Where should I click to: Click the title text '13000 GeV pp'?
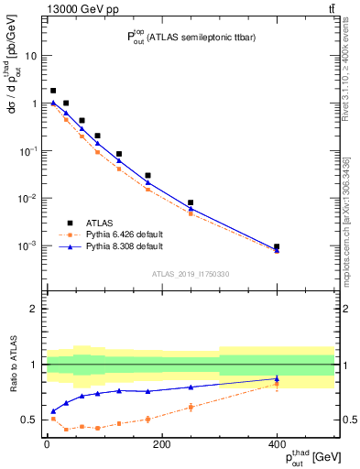click(x=53, y=8)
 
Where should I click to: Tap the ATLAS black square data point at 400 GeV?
click(x=277, y=246)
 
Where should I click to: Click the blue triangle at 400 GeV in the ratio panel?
click(x=277, y=378)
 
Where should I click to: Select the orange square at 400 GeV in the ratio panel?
click(x=277, y=385)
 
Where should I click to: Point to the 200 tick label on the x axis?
click(x=161, y=444)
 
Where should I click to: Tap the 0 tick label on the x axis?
click(x=47, y=444)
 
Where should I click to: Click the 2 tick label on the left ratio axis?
click(x=34, y=309)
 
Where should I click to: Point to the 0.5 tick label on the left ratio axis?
click(x=30, y=420)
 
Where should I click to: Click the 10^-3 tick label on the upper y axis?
click(x=28, y=246)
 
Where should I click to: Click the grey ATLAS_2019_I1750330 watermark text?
click(x=191, y=274)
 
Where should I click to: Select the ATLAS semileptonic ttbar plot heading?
click(x=191, y=37)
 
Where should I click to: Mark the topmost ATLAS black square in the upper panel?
click(x=53, y=91)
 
